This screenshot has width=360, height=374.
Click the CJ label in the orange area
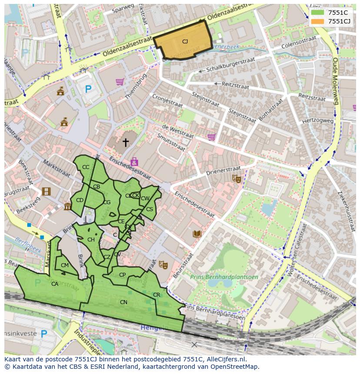coord(185,42)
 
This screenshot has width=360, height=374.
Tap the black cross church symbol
coord(126,142)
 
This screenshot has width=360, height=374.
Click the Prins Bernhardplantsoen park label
coord(224,277)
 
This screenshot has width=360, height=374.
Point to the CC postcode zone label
coord(86,167)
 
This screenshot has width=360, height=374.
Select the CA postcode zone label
coord(55,284)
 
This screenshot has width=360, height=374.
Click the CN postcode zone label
coord(123,302)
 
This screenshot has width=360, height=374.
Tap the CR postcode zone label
coord(157,295)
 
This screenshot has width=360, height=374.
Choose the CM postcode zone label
coord(65,265)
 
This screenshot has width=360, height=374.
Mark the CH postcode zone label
coord(91,240)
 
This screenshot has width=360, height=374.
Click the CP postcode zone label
coord(122,275)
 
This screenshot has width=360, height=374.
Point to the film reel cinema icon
coord(46,192)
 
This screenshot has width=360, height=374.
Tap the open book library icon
coord(197,234)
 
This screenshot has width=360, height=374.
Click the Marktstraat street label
coord(56,168)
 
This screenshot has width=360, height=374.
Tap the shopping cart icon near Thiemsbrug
coord(120,82)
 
